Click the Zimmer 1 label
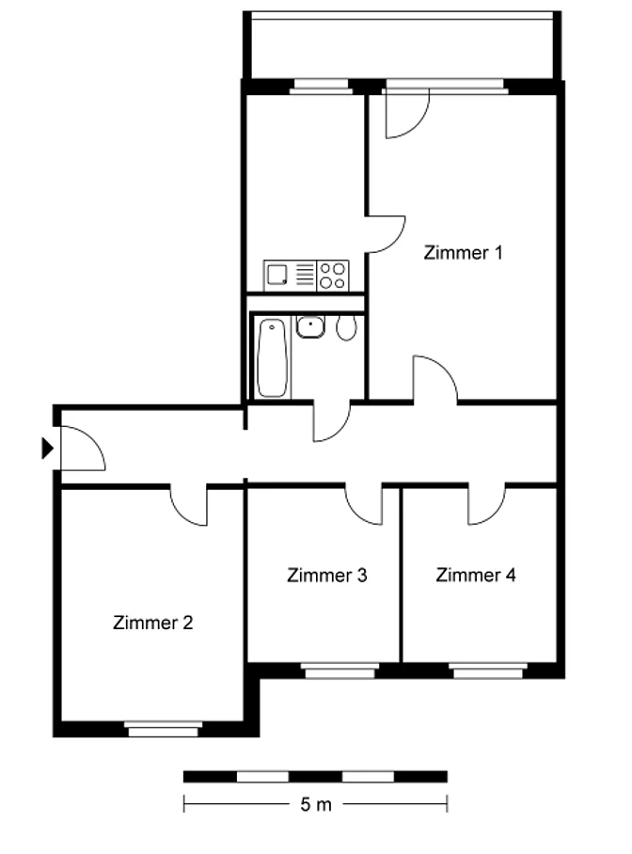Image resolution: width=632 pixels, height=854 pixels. pos(463,253)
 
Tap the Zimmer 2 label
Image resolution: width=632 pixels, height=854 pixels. pos(153,623)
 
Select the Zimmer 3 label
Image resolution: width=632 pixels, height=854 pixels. pos(327,576)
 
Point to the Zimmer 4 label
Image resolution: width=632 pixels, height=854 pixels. pos(476,575)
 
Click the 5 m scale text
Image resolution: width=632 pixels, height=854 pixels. pos(316,804)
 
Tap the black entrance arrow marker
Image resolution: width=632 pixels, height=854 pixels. pos(48,449)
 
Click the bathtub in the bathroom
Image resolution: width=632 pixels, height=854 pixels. pos(273,357)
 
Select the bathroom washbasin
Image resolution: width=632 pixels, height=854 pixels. pos(310,326)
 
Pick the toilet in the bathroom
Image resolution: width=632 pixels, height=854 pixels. pos(346,328)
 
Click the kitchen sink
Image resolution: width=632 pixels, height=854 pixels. pos(277,274)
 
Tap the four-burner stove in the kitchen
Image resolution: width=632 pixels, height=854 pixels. pos(332,276)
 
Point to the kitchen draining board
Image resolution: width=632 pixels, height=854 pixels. pos(305,275)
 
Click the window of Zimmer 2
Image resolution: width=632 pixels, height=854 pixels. pos(163,729)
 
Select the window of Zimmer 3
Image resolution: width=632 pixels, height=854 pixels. pos(340,671)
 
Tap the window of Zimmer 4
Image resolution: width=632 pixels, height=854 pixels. pos(488,671)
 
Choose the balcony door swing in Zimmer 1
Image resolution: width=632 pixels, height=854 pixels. pos(417,126)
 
